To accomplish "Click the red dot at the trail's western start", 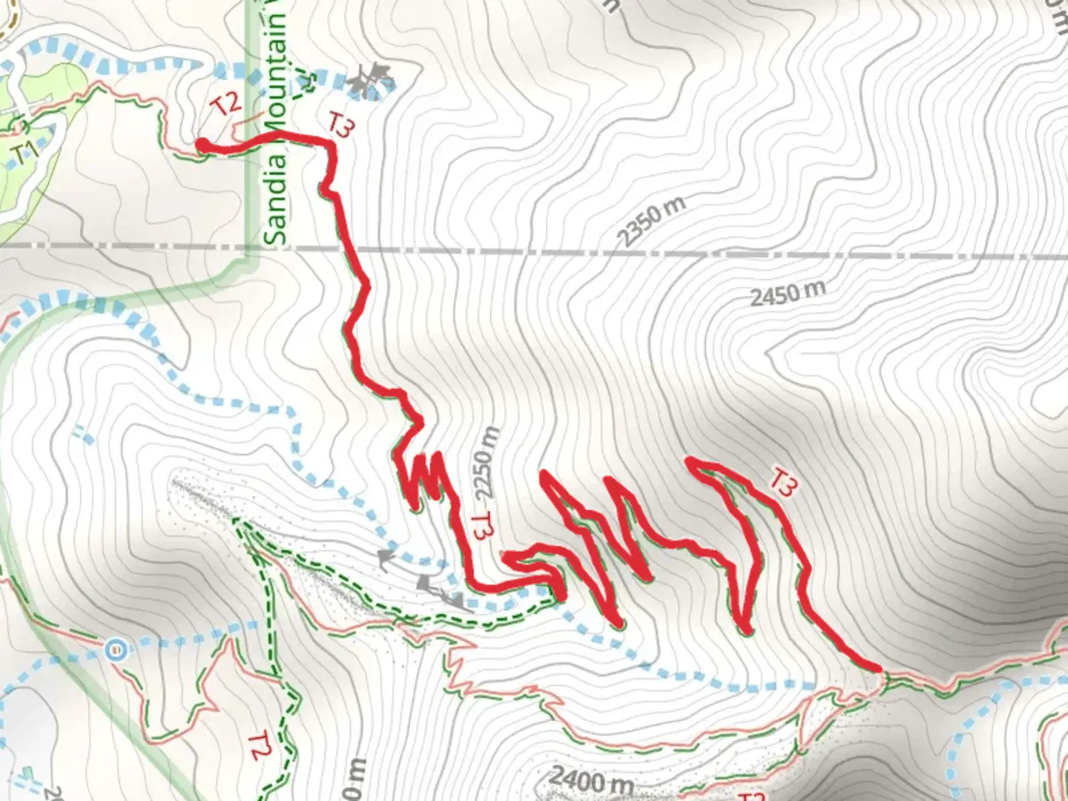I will pyautogui.click(x=201, y=145).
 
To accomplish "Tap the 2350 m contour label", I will pyautogui.click(x=650, y=221).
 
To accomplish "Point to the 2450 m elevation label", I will pyautogui.click(x=787, y=294).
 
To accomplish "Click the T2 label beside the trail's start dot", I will pyautogui.click(x=226, y=105).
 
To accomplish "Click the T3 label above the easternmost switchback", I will pyautogui.click(x=782, y=482).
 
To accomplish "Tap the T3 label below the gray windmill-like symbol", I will pyautogui.click(x=341, y=125).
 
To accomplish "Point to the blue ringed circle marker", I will pyautogui.click(x=115, y=650).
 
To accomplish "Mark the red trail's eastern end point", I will pyautogui.click(x=878, y=668).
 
